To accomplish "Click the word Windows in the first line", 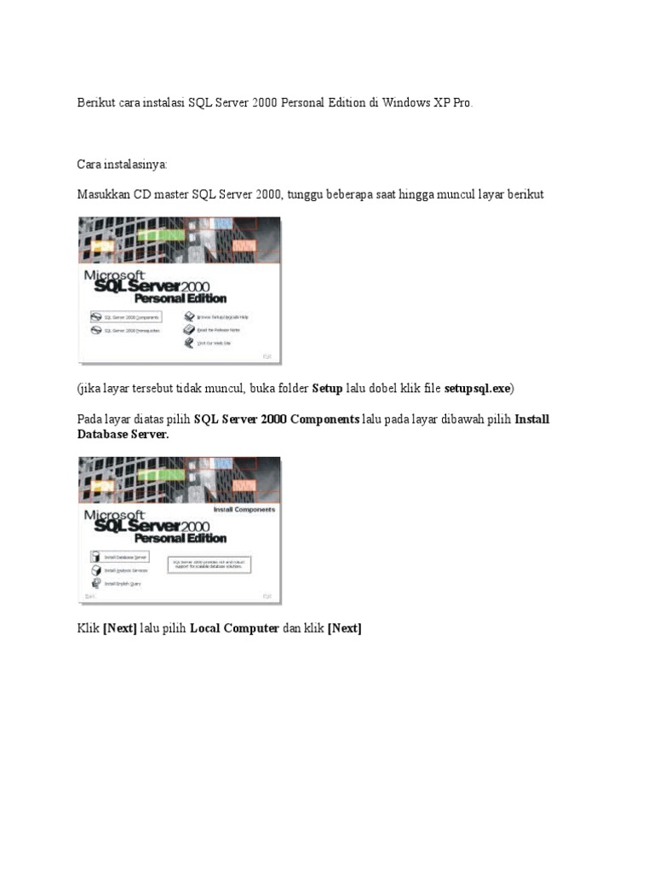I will [407, 102].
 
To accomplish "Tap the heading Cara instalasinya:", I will [123, 164].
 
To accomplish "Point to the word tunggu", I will [307, 194].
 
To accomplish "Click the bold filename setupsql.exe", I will [477, 388].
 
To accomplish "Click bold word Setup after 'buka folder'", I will [327, 388].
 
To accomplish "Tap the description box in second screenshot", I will [209, 564].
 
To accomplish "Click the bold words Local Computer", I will [234, 628].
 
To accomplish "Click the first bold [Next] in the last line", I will [119, 628].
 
